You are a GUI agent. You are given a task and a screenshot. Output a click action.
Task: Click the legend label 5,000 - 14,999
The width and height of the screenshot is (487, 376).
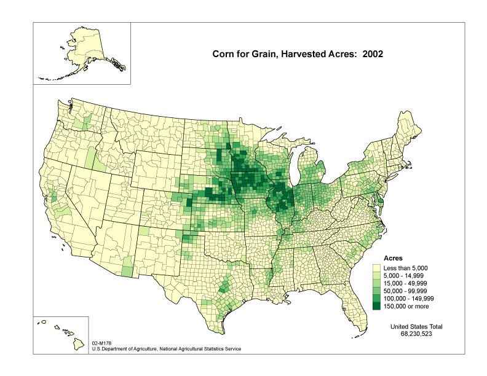click(x=406, y=275)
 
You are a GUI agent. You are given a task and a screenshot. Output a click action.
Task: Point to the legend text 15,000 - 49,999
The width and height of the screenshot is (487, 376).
click(x=408, y=283)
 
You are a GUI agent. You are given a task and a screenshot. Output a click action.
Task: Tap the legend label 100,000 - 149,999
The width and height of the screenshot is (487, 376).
click(x=411, y=298)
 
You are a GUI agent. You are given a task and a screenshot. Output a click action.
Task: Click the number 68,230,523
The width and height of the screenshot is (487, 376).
click(x=421, y=334)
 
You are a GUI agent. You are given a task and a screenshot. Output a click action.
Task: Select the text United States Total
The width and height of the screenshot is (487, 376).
click(x=421, y=326)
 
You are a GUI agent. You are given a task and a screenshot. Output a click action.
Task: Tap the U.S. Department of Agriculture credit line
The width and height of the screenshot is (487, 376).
click(x=166, y=348)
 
